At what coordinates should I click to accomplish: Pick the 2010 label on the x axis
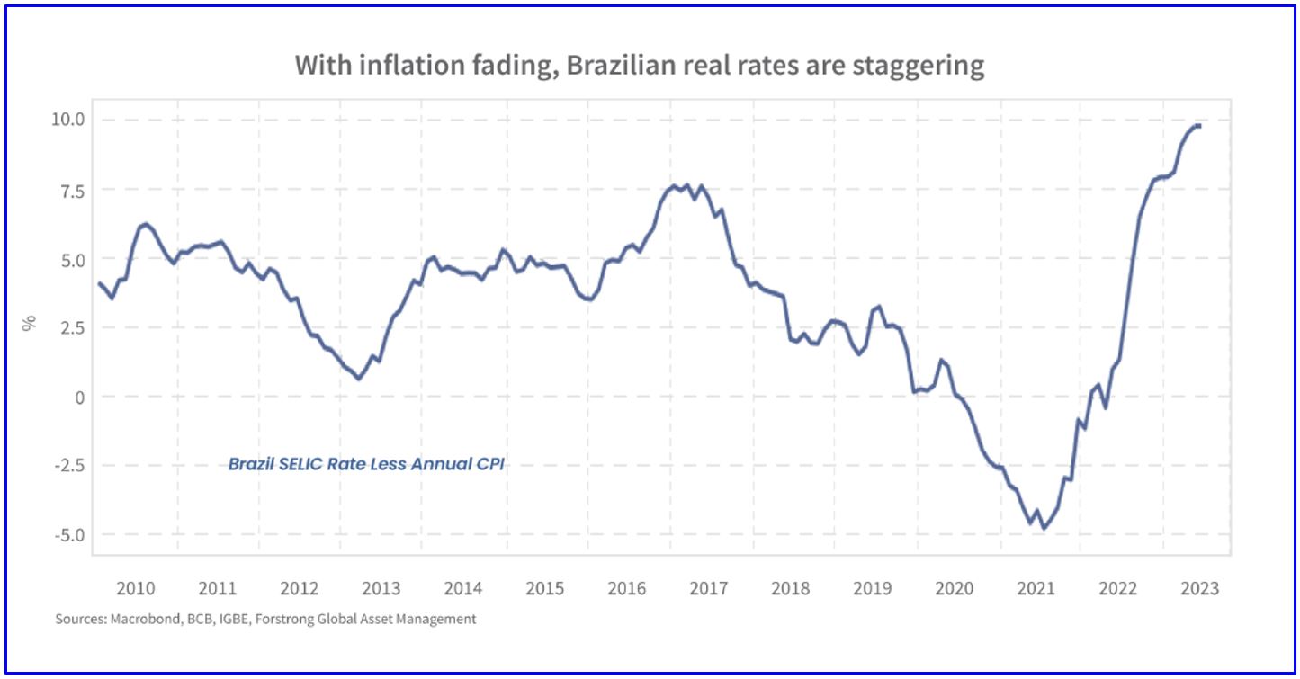136,588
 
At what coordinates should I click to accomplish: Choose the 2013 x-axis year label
381,588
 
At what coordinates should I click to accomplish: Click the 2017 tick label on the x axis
708,588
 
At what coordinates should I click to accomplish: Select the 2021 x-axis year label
1036,588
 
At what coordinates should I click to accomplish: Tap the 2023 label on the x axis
1199,588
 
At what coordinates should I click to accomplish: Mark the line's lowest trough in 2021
1044,528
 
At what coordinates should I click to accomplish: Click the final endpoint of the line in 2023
1199,126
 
